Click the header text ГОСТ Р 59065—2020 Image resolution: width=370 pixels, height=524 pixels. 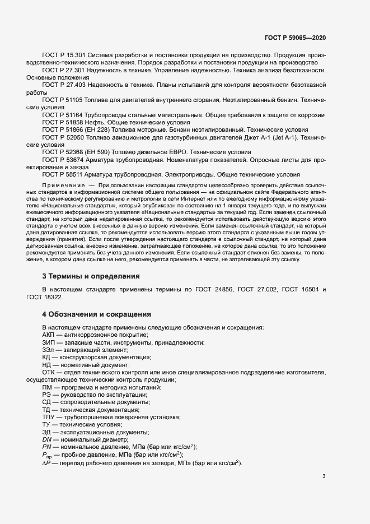[295, 38]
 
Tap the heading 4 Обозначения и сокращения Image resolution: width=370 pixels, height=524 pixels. [93, 314]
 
